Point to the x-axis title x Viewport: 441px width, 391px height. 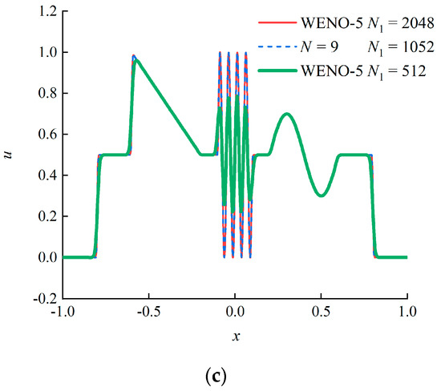point(235,337)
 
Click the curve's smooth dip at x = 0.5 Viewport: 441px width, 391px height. point(321,195)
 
